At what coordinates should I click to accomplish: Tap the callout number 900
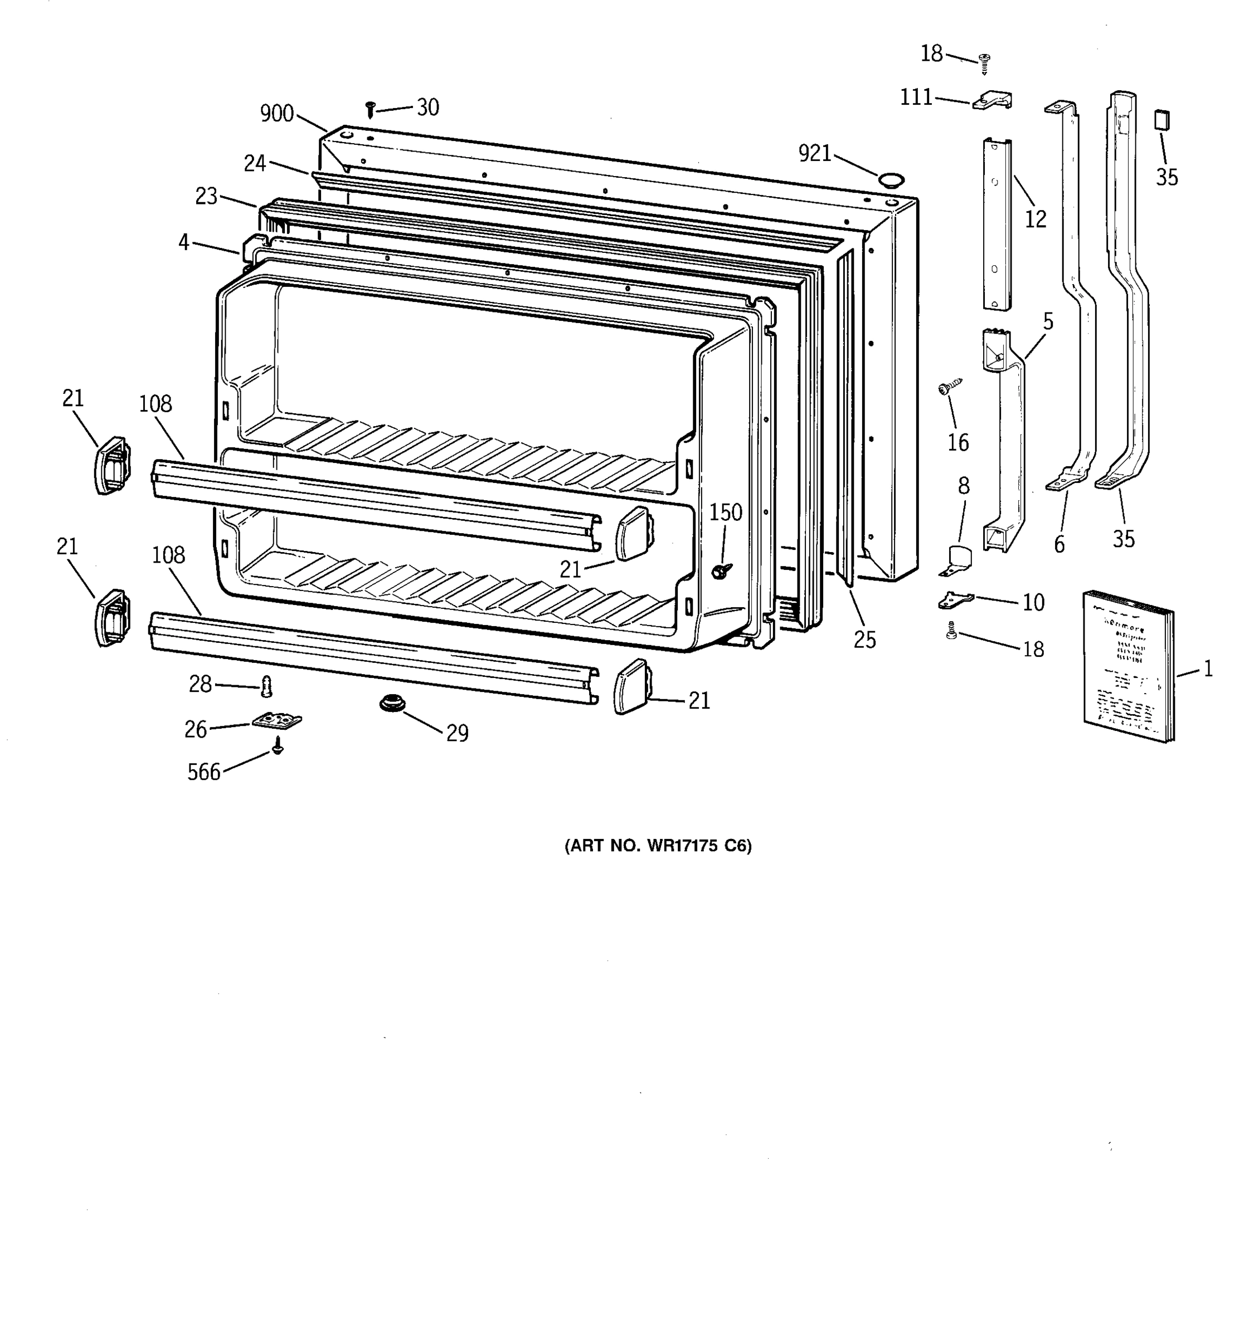pyautogui.click(x=277, y=114)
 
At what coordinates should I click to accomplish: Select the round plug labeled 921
pyautogui.click(x=891, y=179)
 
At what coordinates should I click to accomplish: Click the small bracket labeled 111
pyautogui.click(x=992, y=101)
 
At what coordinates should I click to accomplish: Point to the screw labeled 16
pyautogui.click(x=949, y=387)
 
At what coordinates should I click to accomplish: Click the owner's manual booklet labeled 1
pyautogui.click(x=1127, y=666)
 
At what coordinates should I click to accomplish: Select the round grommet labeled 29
pyautogui.click(x=392, y=704)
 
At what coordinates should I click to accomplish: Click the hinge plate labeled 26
pyautogui.click(x=277, y=721)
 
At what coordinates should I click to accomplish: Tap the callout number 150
pyautogui.click(x=725, y=513)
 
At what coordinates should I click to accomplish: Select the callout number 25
pyautogui.click(x=864, y=640)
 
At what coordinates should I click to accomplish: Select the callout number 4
pyautogui.click(x=184, y=242)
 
